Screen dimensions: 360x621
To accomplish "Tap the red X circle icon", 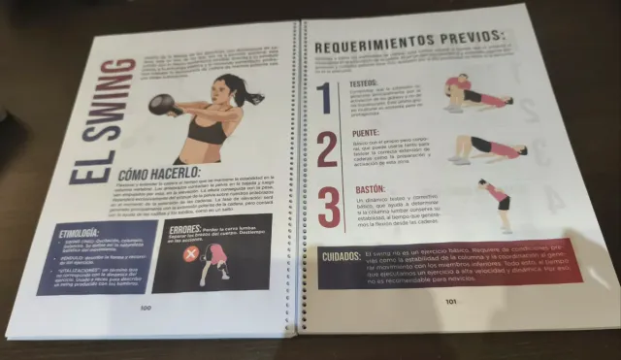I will point(191,254).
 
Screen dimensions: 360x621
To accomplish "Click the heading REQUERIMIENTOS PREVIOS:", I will point(409,43).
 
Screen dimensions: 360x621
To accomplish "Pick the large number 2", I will point(327,150).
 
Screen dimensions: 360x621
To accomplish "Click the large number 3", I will point(329,209).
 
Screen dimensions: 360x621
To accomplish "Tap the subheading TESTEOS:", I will point(364,84).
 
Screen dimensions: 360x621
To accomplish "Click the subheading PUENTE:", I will point(365,133).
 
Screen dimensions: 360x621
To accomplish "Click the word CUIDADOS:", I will point(343,256).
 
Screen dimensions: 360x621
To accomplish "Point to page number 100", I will point(146,308).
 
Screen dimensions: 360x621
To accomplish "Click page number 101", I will point(451,301).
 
